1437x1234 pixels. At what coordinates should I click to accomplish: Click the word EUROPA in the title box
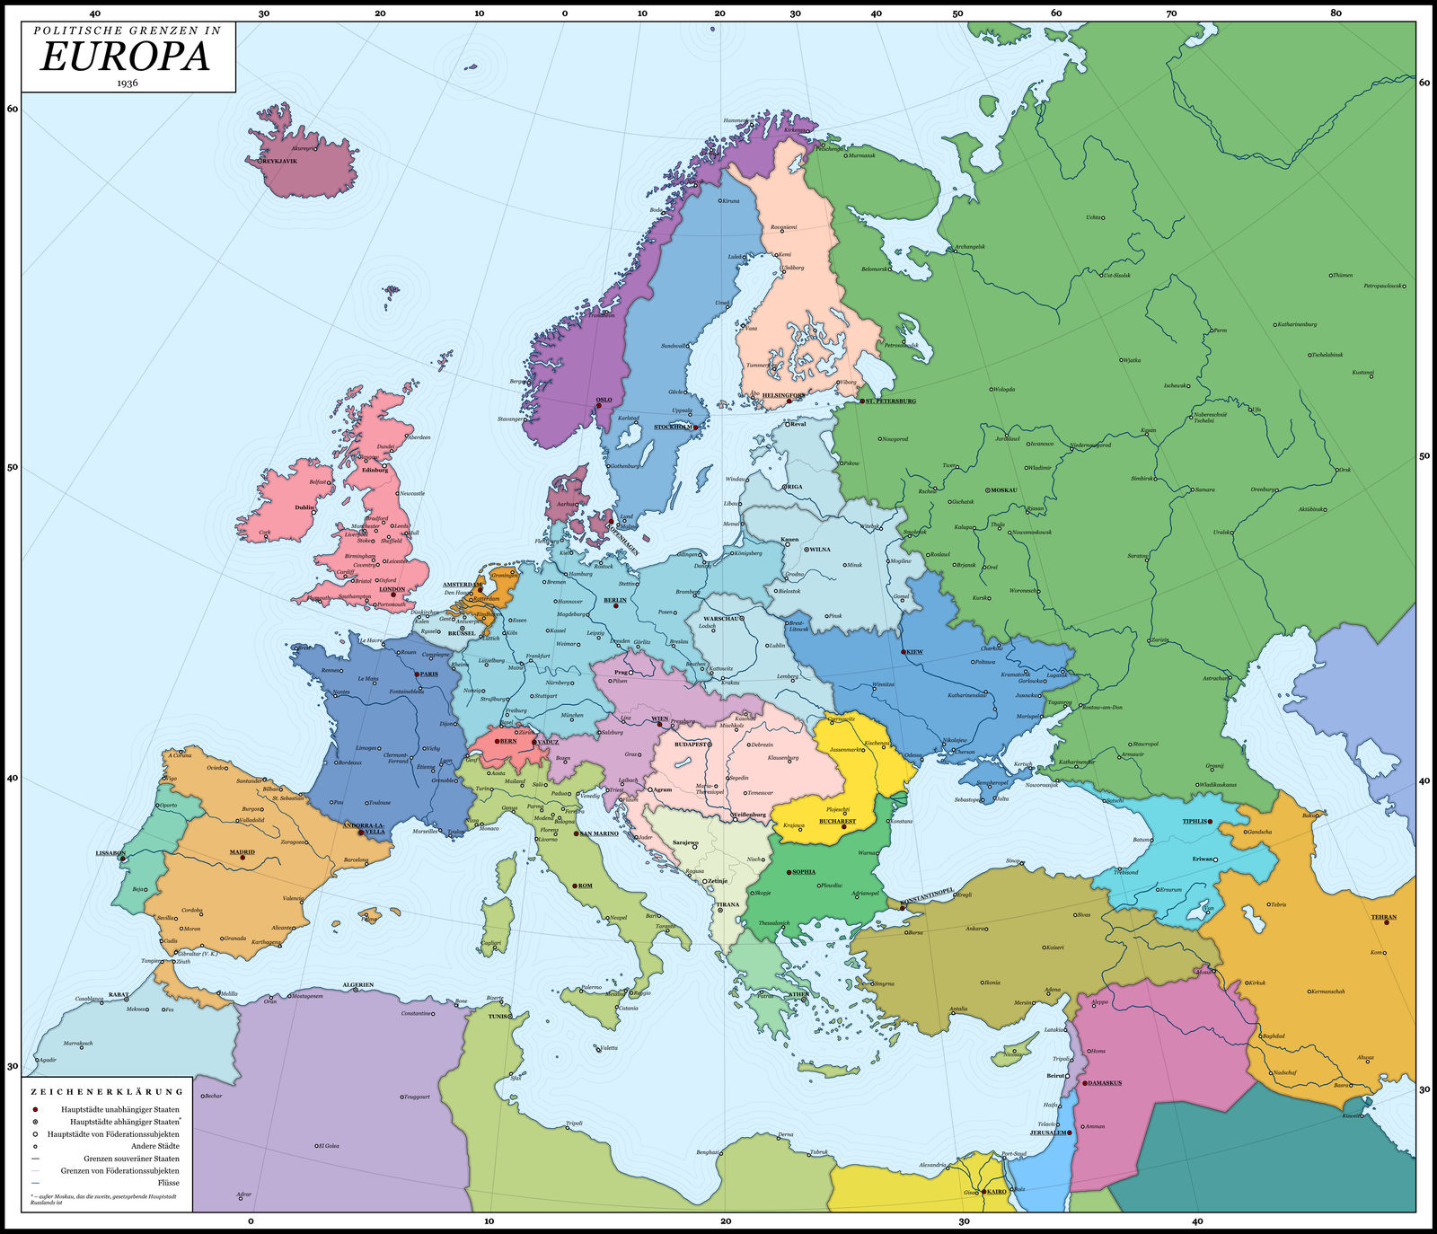pos(126,57)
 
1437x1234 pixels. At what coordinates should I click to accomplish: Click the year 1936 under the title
pos(127,83)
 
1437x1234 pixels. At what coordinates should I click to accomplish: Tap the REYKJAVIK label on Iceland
pos(279,161)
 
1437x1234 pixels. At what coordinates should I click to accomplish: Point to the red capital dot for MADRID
pos(242,858)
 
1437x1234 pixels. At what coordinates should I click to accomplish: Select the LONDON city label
pos(392,589)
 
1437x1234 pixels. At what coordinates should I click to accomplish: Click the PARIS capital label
pos(428,674)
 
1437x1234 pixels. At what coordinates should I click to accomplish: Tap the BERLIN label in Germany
pos(615,600)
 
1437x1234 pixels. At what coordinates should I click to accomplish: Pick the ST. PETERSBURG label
pos(891,401)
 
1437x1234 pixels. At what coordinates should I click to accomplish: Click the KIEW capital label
pos(914,651)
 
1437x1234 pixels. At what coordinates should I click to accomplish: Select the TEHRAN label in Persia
pos(1384,917)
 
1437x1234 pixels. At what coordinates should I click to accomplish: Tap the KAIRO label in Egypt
pos(997,1191)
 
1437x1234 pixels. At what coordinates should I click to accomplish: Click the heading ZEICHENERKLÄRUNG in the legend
pos(107,1092)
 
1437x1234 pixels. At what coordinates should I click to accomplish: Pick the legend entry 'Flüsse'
pos(168,1183)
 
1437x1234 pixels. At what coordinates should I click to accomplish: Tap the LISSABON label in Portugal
pos(110,853)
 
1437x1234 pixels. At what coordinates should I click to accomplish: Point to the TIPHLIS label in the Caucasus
pos(1195,821)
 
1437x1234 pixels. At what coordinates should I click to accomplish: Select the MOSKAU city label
pos(1003,490)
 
